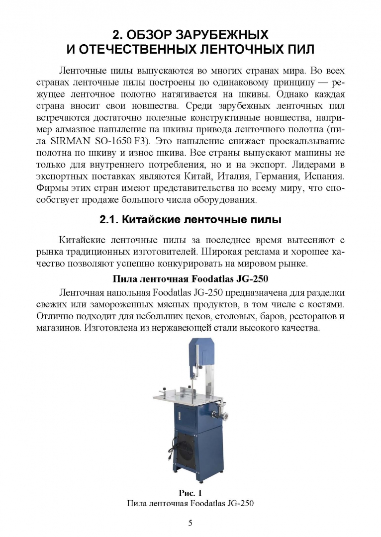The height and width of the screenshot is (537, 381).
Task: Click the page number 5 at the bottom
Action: click(190, 523)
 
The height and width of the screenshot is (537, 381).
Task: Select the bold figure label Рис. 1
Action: click(190, 493)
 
